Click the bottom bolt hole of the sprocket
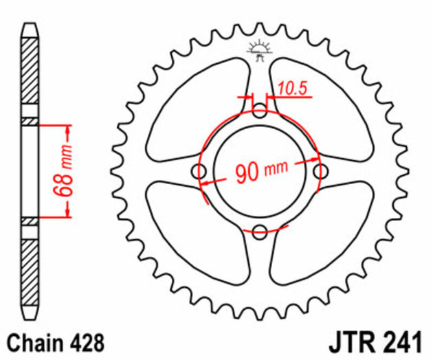coord(259,232)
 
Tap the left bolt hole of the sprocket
coord(200,171)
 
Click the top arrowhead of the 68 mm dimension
coord(68,130)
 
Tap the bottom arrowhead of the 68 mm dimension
coord(68,213)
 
